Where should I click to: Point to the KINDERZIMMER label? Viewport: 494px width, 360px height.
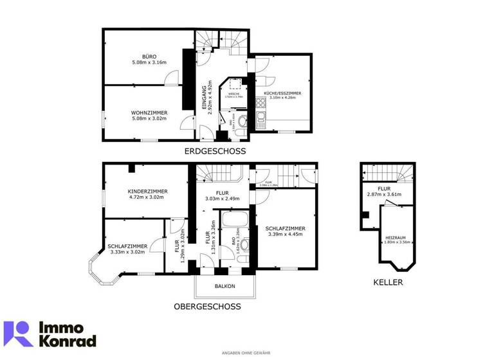[148, 192]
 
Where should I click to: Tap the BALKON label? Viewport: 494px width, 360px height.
[225, 286]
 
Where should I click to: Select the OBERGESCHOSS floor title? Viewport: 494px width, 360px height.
[208, 307]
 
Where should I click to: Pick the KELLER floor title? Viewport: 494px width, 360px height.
[388, 282]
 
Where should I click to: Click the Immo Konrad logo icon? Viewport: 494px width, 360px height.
[18, 334]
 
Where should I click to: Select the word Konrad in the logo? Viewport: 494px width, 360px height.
[67, 341]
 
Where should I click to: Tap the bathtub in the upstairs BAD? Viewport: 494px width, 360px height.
[230, 222]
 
